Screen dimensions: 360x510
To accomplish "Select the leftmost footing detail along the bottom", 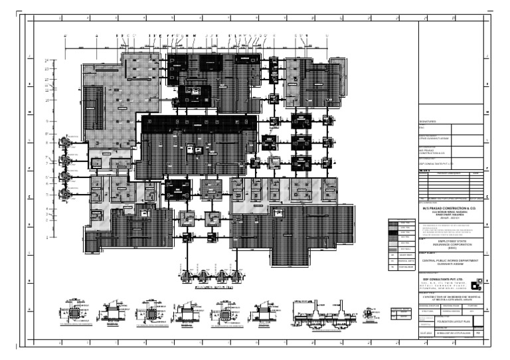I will pos(74,312).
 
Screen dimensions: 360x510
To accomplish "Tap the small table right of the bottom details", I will pos(401,314).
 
